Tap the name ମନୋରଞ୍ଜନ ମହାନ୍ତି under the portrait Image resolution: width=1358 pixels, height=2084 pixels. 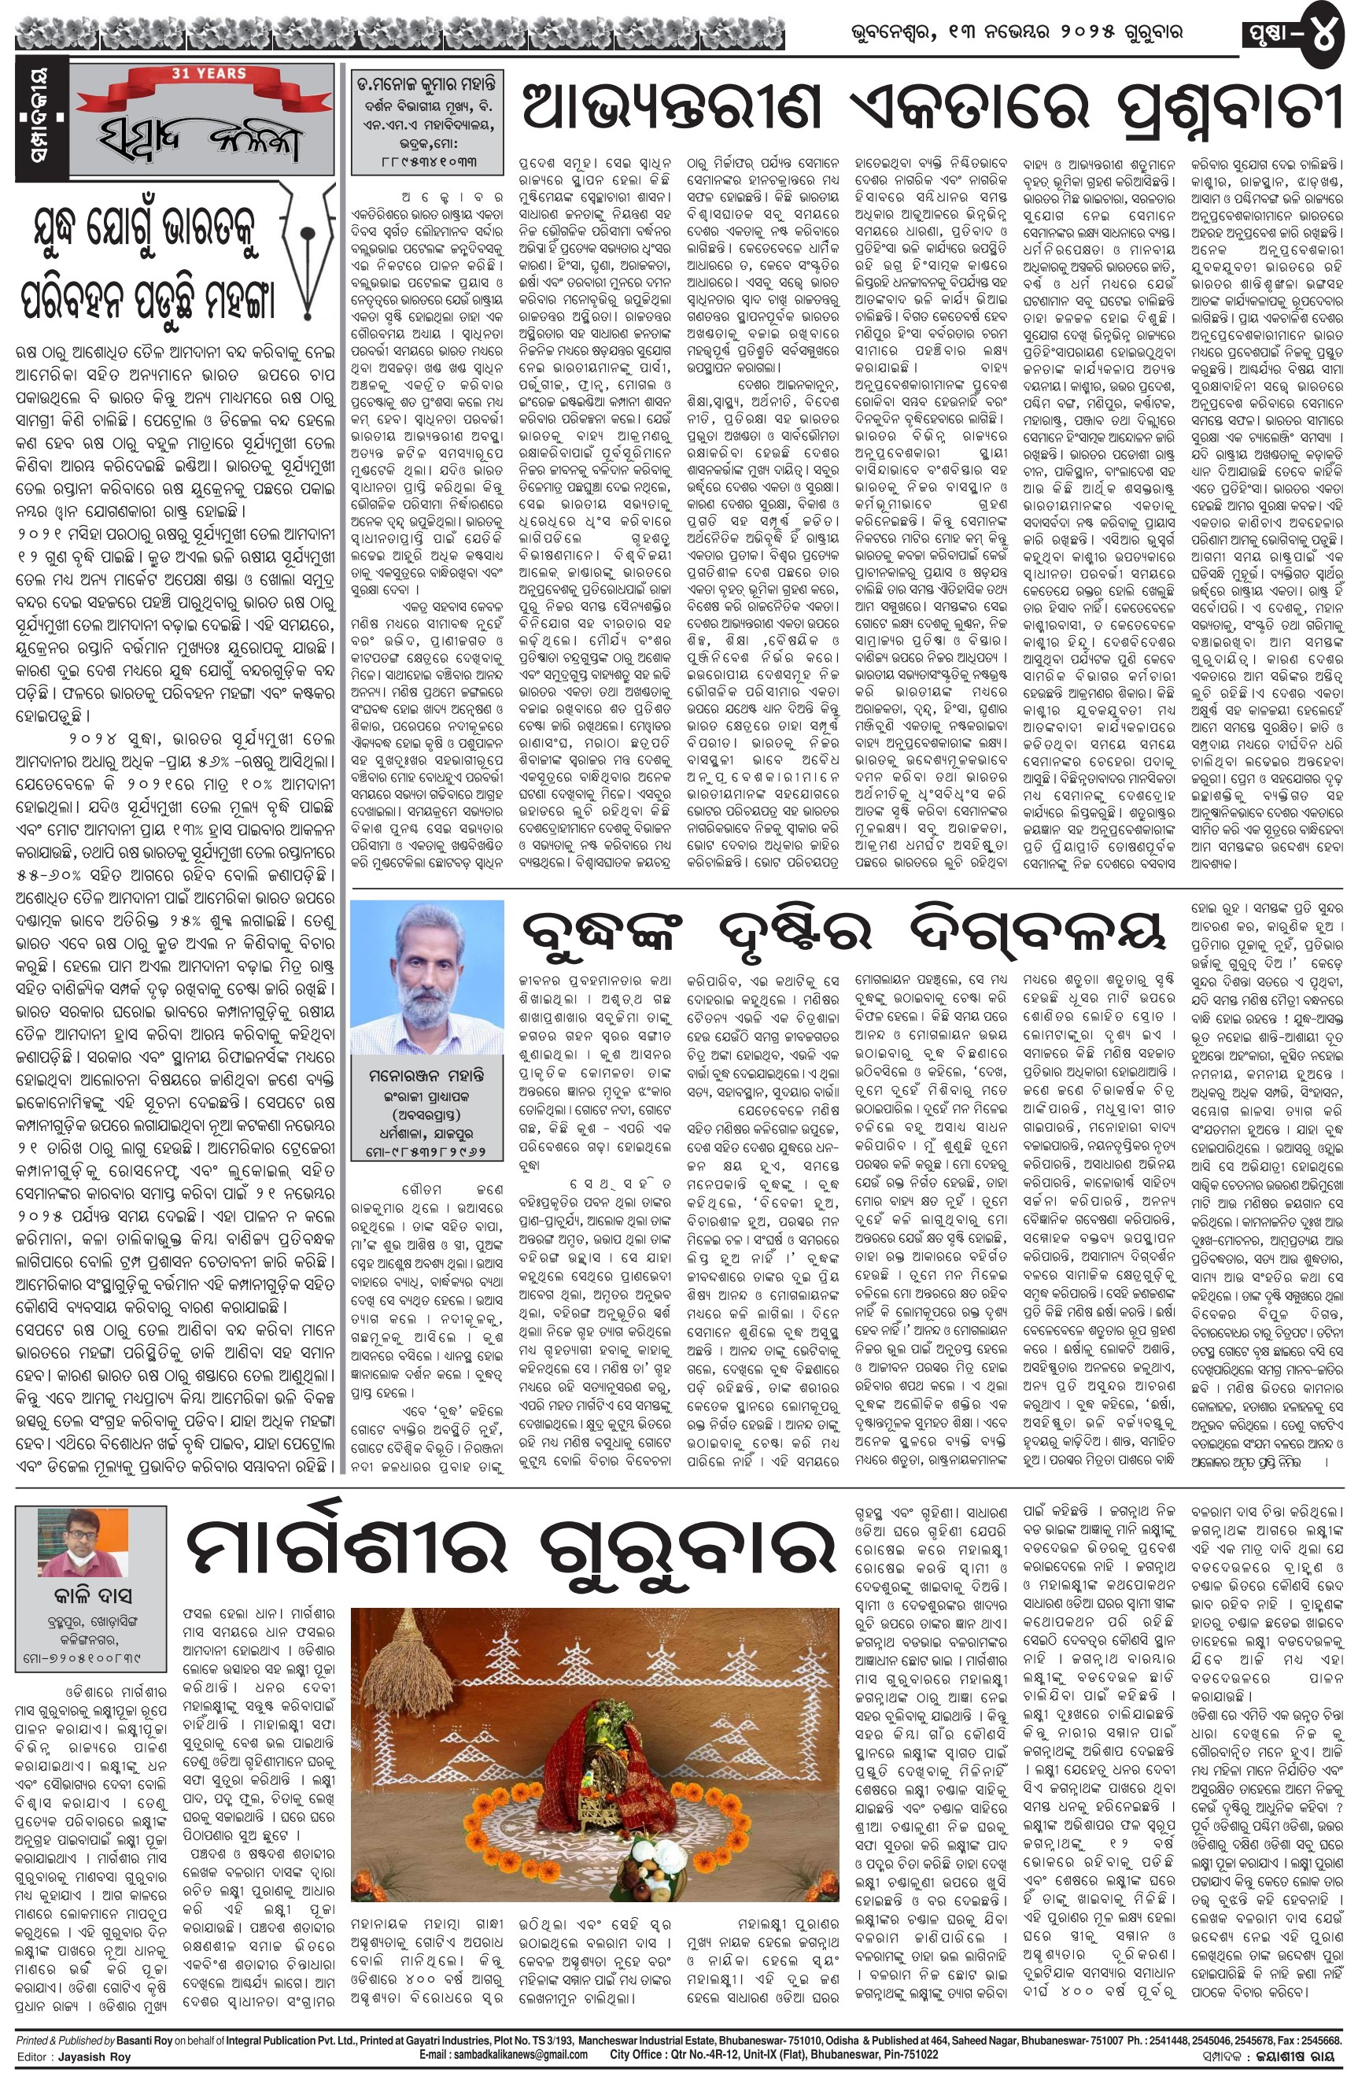tap(426, 1074)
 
